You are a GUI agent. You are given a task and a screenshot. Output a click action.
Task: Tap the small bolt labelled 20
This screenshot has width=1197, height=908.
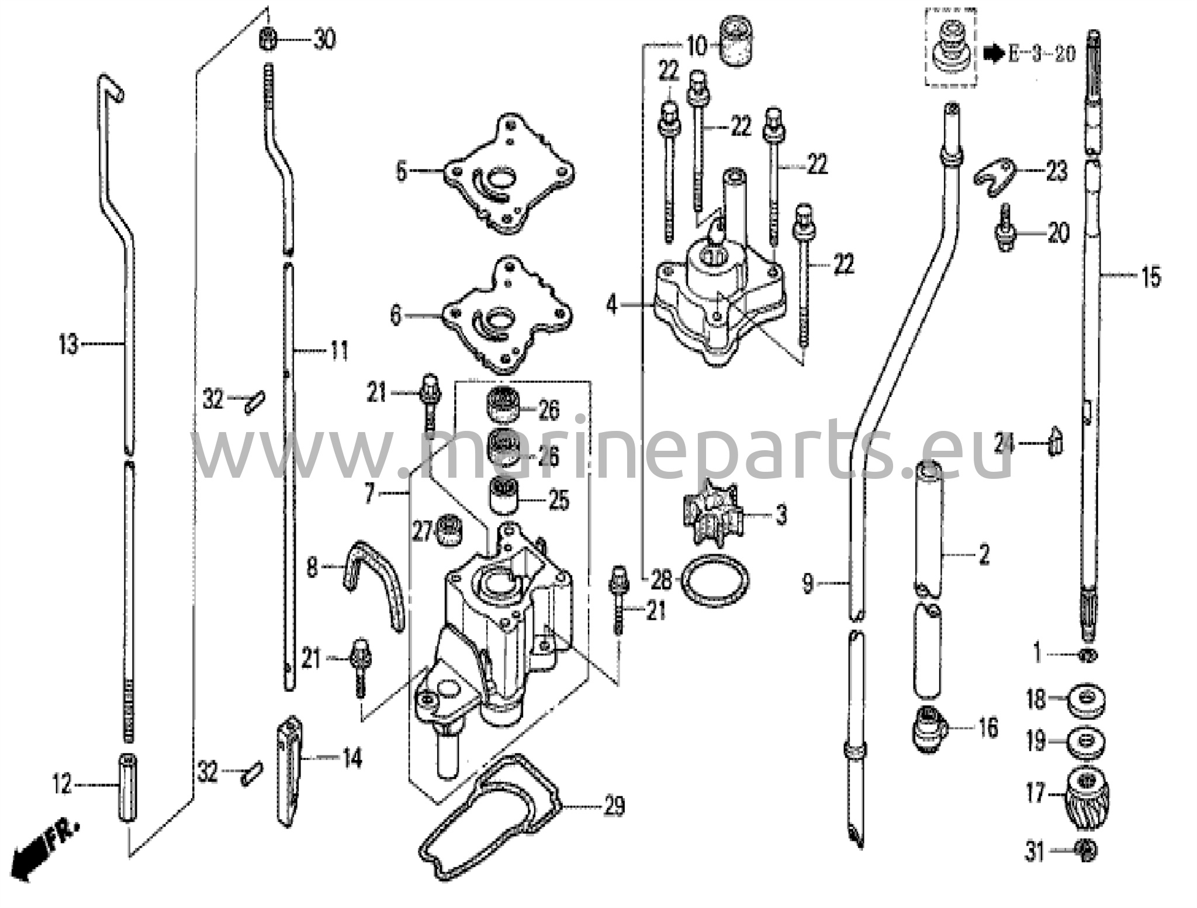[1005, 233]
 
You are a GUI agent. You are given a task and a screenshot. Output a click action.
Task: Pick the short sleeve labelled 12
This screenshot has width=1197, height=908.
[128, 786]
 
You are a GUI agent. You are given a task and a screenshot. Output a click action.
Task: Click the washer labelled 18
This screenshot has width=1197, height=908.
[1086, 700]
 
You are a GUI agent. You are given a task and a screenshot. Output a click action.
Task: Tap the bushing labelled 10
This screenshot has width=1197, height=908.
[737, 41]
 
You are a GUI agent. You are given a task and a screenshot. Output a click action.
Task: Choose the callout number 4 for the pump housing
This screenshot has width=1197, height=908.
[611, 305]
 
